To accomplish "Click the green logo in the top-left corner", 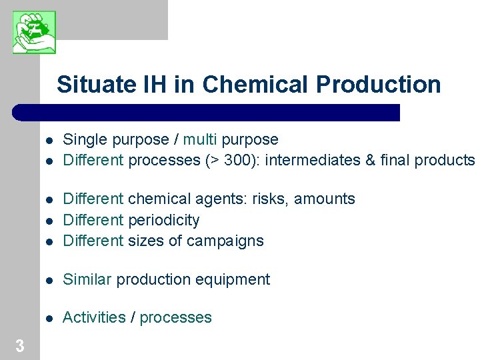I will [34, 32].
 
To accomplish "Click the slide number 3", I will [20, 346].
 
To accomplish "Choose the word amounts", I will [325, 199].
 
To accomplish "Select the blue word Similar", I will [87, 279].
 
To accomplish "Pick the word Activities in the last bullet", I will [94, 317].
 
